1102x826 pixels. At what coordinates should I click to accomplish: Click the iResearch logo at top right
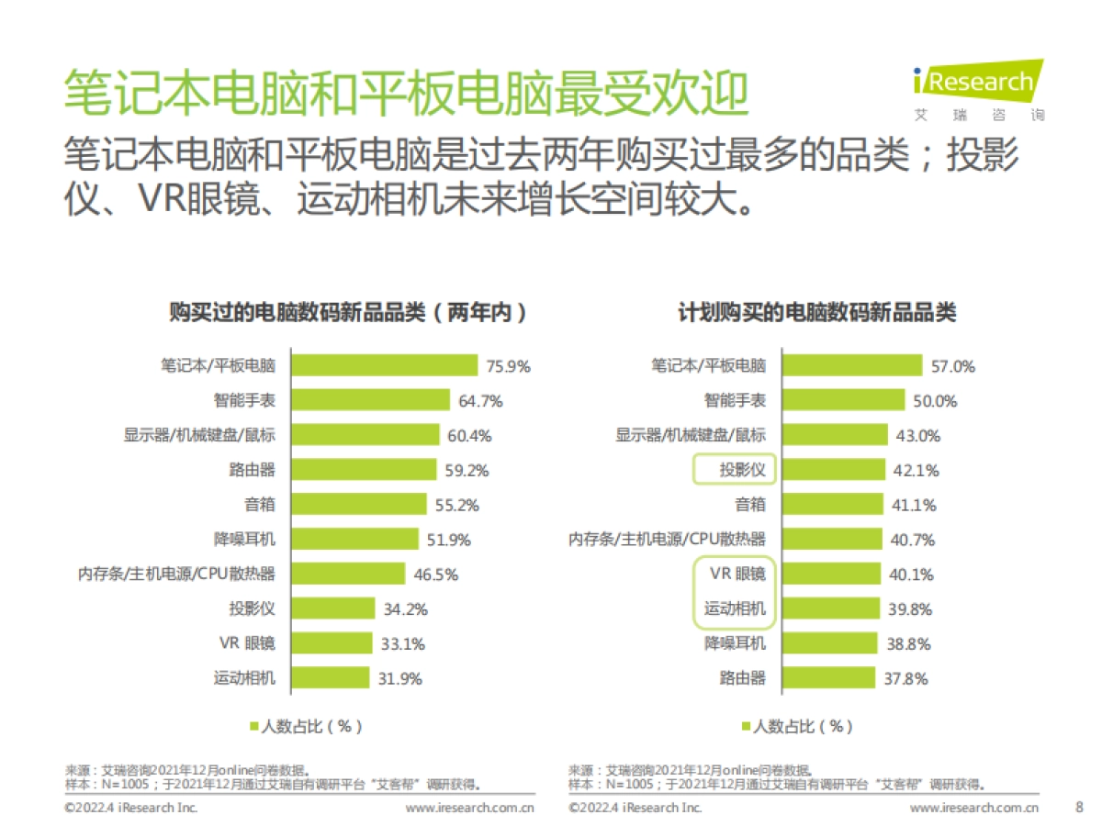click(x=978, y=84)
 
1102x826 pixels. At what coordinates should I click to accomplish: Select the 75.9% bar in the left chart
click(x=384, y=365)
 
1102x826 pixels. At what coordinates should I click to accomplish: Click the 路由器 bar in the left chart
click(x=364, y=470)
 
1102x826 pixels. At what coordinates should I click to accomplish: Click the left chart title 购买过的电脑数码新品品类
click(x=350, y=312)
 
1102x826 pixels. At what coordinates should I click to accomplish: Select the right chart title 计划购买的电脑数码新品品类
click(x=817, y=312)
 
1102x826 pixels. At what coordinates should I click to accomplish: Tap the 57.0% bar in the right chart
click(x=852, y=365)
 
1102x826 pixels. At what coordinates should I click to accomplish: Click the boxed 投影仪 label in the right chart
click(x=734, y=471)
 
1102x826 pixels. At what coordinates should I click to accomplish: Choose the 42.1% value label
click(x=916, y=471)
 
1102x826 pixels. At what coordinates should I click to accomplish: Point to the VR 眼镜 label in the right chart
click(x=737, y=574)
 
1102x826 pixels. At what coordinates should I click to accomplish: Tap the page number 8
click(x=1078, y=808)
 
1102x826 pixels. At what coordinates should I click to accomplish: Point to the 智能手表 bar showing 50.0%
click(x=844, y=400)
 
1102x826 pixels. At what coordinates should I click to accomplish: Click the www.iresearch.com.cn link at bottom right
click(x=974, y=808)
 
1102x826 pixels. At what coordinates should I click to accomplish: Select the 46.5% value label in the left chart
click(x=435, y=575)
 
